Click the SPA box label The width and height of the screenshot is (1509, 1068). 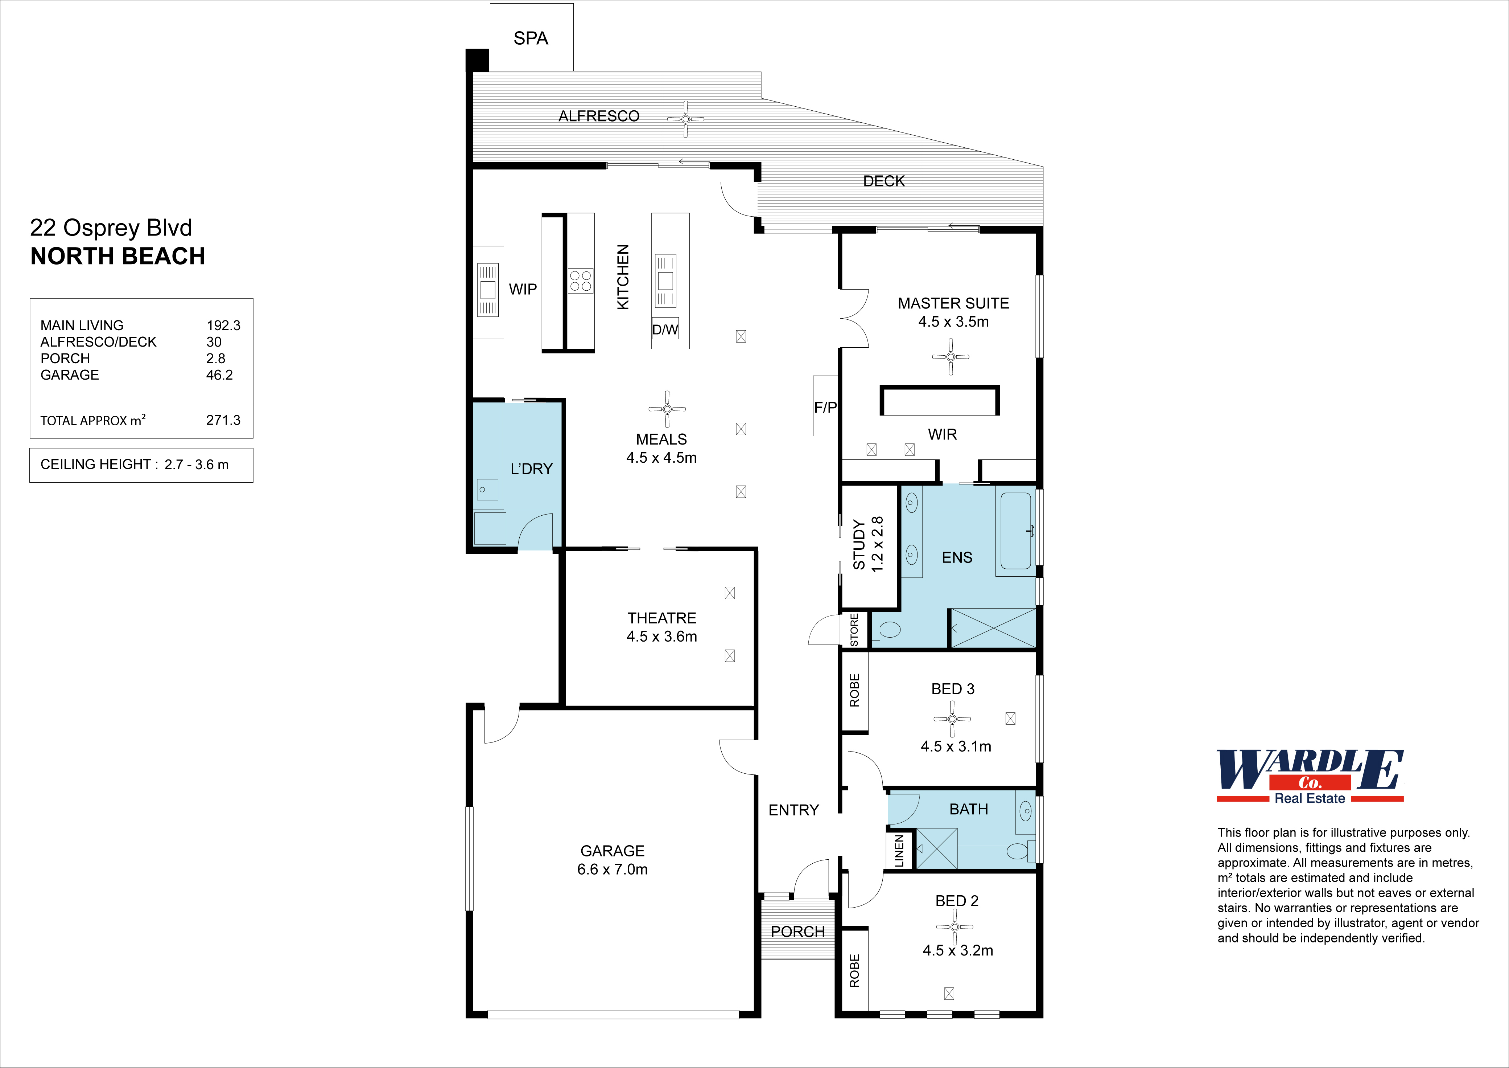click(x=531, y=38)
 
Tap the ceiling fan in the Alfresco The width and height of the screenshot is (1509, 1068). click(x=685, y=119)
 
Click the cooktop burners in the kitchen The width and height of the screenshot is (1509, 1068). click(x=580, y=281)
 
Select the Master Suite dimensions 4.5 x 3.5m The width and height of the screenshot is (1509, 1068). click(x=953, y=322)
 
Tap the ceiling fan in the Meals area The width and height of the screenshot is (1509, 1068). click(x=667, y=408)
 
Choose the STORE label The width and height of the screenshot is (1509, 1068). click(x=854, y=630)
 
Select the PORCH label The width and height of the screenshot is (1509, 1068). click(x=797, y=932)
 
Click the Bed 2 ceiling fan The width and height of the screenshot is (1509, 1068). click(x=954, y=926)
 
